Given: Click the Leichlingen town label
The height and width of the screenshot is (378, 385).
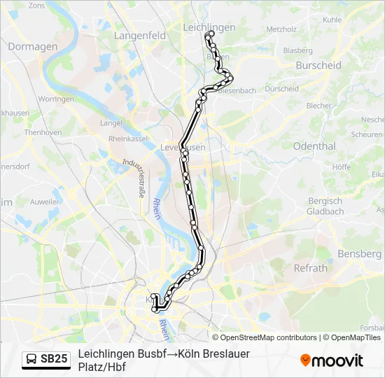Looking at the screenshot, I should coord(209,27).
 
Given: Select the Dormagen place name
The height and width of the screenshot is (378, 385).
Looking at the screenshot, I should coord(32,46).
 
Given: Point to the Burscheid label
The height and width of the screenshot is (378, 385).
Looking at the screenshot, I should coord(318,65).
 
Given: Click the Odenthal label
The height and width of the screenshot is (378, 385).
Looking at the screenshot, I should coord(314,146).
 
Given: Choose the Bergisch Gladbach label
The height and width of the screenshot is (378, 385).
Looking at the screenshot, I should coord(325,206).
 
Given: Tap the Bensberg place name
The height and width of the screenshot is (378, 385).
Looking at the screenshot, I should coord(358,253).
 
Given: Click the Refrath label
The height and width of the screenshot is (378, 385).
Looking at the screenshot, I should coord(310,268).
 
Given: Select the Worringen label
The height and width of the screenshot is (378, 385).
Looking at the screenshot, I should coord(57,99).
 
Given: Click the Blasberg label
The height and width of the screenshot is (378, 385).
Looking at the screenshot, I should coord(297,50).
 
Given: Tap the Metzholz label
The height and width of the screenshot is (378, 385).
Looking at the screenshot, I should coord(281,29).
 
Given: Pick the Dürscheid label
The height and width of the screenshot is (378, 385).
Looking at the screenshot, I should coord(282,89).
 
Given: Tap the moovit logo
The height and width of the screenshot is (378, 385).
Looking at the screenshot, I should coord(332,360).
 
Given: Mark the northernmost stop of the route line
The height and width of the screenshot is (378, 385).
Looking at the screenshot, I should coord(211,33).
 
